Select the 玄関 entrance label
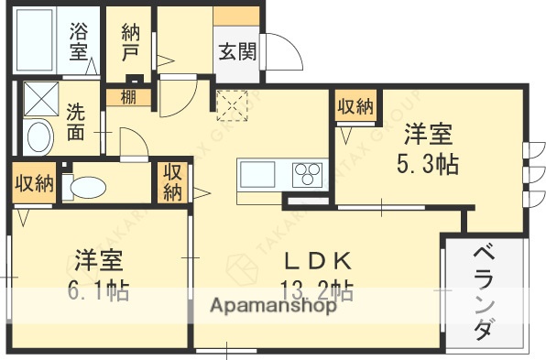click(236, 51)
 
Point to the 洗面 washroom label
click(77, 121)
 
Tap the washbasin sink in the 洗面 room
click(38, 138)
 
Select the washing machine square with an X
click(39, 97)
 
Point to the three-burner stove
click(308, 173)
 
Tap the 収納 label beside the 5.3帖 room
click(355, 106)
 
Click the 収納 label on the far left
click(33, 182)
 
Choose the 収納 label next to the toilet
click(173, 181)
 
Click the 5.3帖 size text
click(427, 165)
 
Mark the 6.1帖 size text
click(98, 291)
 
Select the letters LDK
click(316, 260)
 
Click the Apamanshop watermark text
click(274, 306)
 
